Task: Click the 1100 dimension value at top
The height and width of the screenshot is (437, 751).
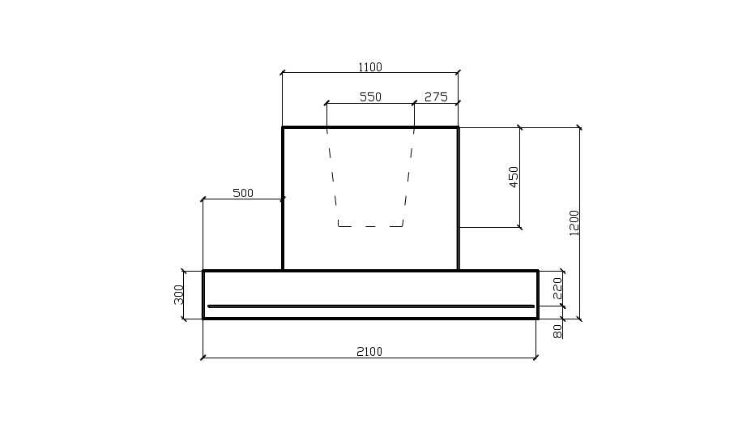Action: (370, 67)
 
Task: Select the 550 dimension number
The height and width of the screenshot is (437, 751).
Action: (370, 97)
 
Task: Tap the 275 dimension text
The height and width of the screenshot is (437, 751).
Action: (436, 97)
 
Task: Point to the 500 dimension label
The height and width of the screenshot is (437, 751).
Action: (243, 193)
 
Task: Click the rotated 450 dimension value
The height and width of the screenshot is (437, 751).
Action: (514, 177)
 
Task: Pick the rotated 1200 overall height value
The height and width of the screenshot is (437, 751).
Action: (574, 223)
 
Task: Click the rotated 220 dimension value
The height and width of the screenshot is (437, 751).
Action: (557, 289)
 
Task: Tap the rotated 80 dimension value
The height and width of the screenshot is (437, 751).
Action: (557, 332)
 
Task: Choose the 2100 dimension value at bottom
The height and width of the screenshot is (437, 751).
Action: (369, 352)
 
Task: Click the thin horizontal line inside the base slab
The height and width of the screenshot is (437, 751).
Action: (370, 306)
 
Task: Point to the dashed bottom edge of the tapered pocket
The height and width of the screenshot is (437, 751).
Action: (370, 226)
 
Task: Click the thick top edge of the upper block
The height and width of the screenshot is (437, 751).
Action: (370, 127)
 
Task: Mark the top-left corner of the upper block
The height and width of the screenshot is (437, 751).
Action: (283, 127)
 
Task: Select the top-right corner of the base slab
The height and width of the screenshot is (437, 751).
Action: (538, 271)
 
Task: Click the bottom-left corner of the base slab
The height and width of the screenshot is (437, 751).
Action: (203, 319)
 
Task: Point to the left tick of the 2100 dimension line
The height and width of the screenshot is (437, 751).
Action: (203, 356)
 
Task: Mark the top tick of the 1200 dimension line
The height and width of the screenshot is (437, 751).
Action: (579, 127)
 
